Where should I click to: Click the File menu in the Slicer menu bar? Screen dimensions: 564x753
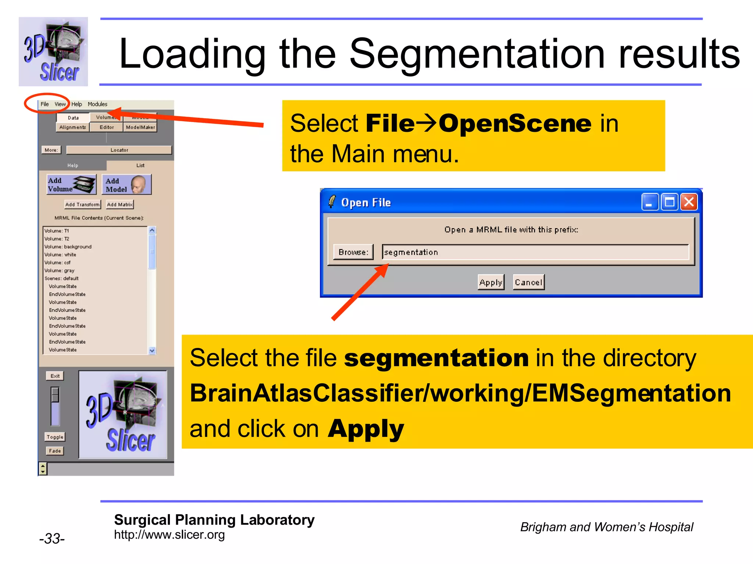click(44, 104)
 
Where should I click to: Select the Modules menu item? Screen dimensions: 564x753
click(97, 104)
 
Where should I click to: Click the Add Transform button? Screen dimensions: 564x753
click(82, 205)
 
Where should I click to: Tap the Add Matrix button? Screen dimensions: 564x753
click(120, 205)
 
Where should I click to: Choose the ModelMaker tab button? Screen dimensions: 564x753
click(140, 127)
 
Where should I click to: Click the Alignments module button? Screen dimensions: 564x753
click(73, 127)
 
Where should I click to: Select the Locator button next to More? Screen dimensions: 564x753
click(119, 150)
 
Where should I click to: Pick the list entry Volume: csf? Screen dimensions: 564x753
click(57, 263)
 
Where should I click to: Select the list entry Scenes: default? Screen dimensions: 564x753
click(61, 278)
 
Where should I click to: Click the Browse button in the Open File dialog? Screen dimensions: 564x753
click(353, 252)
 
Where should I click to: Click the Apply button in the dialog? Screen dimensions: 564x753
click(491, 282)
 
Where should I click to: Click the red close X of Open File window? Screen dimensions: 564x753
click(689, 202)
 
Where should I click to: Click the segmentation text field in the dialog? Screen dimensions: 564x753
click(535, 252)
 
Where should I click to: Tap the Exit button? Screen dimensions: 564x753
click(55, 376)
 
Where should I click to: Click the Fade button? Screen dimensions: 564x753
click(55, 451)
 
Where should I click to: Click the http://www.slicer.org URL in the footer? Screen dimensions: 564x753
click(169, 535)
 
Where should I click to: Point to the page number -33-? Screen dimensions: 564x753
click(52, 539)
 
